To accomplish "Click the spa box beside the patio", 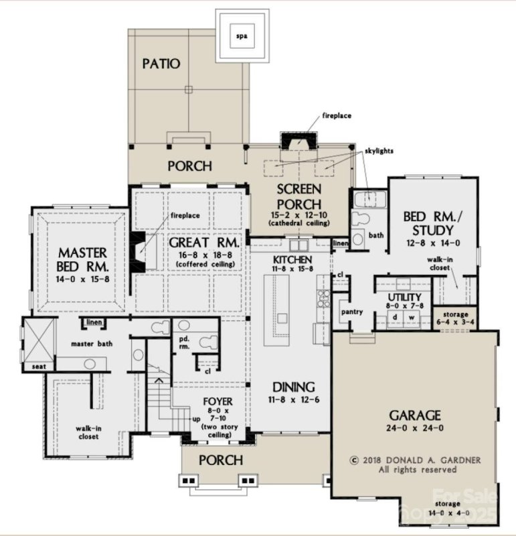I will (x=242, y=36).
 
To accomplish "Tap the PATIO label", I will (x=161, y=64).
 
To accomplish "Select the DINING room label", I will (x=292, y=387).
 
